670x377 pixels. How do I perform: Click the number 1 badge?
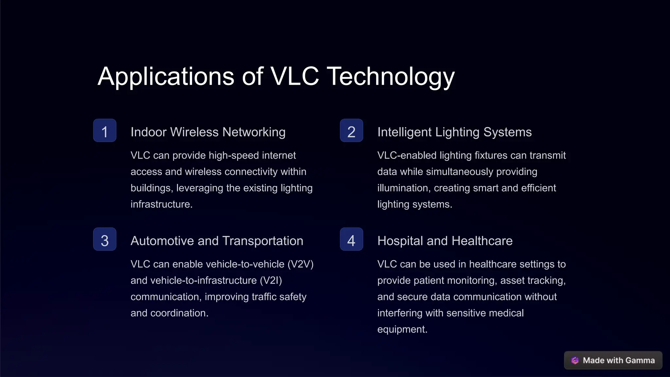pyautogui.click(x=105, y=131)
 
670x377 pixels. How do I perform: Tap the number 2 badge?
pyautogui.click(x=351, y=131)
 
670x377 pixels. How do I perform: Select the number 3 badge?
pyautogui.click(x=105, y=239)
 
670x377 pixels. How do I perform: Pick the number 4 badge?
pyautogui.click(x=351, y=239)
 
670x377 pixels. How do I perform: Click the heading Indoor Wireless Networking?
pyautogui.click(x=208, y=132)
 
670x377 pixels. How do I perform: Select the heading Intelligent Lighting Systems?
pyautogui.click(x=454, y=132)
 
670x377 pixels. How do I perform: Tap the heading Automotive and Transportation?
pyautogui.click(x=217, y=241)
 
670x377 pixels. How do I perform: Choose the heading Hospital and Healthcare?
pyautogui.click(x=445, y=241)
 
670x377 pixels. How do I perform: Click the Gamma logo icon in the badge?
pyautogui.click(x=575, y=360)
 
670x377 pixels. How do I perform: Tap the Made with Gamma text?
pyautogui.click(x=619, y=360)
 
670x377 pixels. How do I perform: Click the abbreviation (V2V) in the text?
pyautogui.click(x=300, y=264)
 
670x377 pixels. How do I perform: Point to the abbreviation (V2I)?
pyautogui.click(x=271, y=280)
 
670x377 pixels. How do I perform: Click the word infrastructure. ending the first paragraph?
pyautogui.click(x=161, y=204)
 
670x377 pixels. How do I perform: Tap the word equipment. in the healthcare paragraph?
pyautogui.click(x=402, y=329)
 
